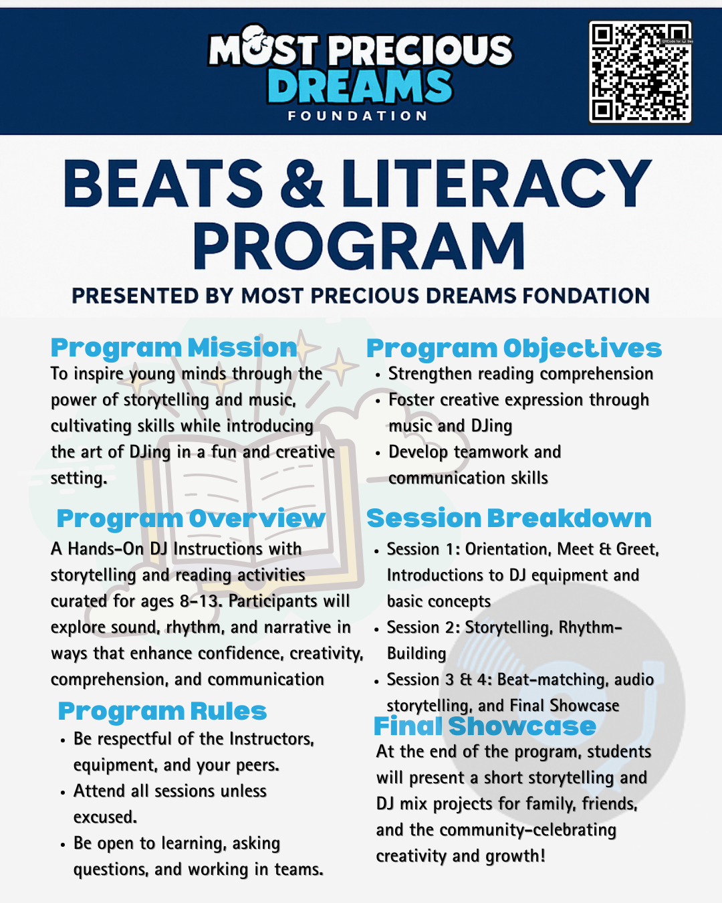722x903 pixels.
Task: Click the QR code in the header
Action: [640, 72]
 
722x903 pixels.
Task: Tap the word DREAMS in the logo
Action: [360, 87]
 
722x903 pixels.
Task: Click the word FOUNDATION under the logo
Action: [358, 116]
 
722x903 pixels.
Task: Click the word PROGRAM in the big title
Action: [359, 246]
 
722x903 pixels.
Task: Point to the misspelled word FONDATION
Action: [586, 296]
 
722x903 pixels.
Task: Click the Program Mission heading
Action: [174, 348]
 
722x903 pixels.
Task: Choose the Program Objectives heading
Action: [513, 348]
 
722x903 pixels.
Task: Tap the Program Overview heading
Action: [191, 518]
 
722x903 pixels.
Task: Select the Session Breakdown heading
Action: [509, 518]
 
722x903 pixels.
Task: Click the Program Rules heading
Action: [162, 711]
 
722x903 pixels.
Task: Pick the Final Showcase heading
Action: [485, 726]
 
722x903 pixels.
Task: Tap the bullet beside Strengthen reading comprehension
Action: [378, 375]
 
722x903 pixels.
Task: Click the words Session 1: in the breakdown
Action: [423, 549]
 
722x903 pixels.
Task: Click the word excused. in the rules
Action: [105, 817]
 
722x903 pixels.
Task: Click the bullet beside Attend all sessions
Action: [63, 793]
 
